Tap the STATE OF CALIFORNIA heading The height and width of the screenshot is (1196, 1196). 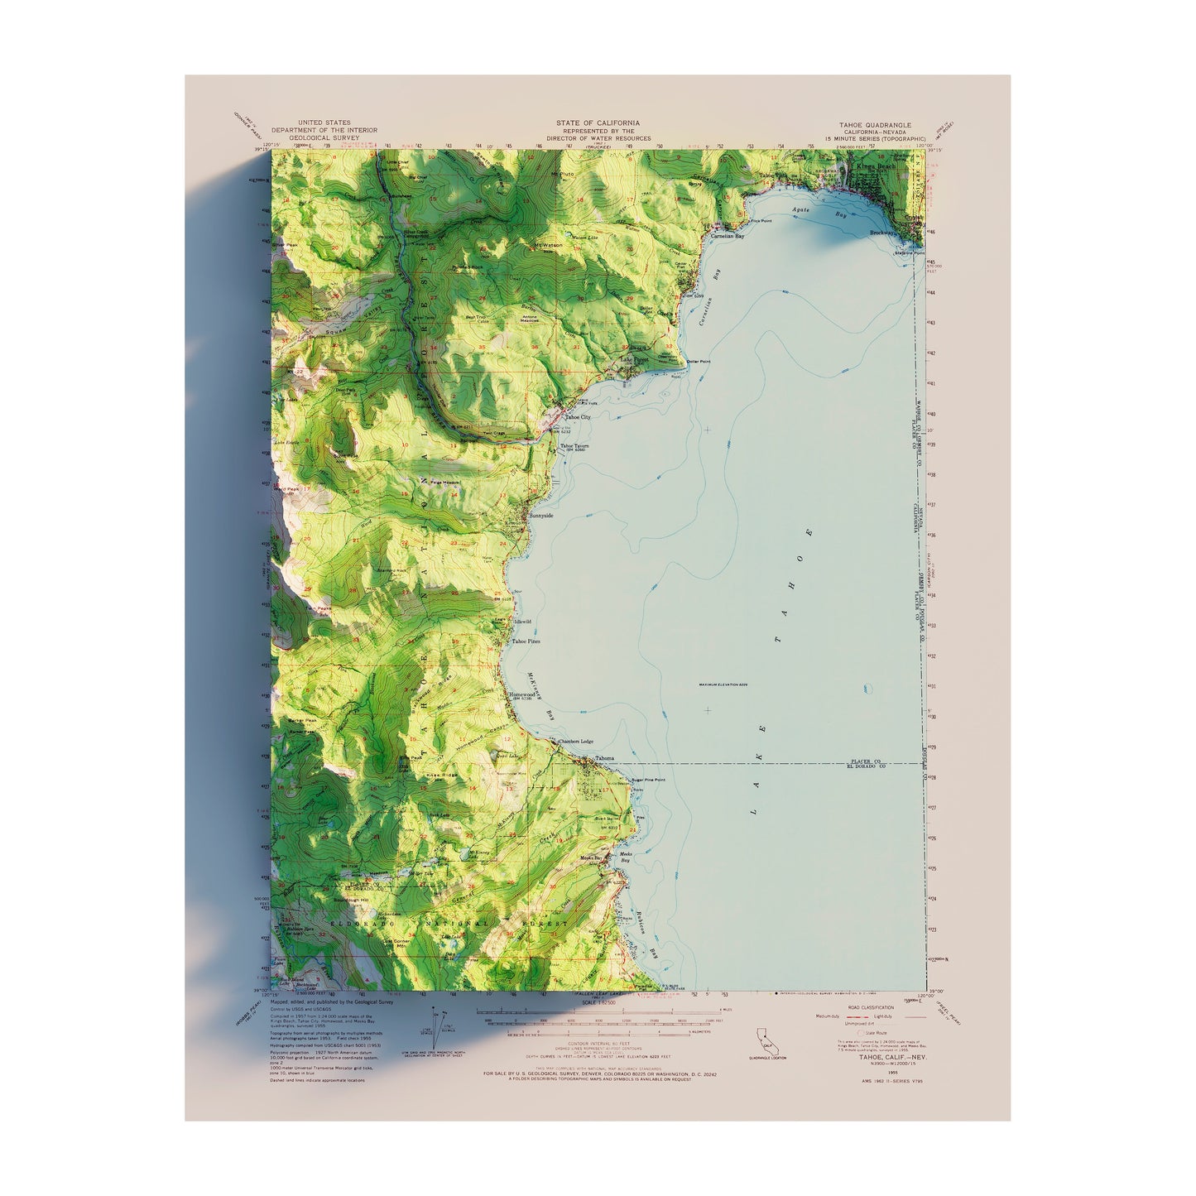pos(603,122)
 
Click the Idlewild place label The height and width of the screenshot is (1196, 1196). pos(522,621)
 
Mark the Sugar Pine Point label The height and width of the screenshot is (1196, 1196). pos(648,779)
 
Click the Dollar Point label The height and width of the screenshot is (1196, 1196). pos(699,362)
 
